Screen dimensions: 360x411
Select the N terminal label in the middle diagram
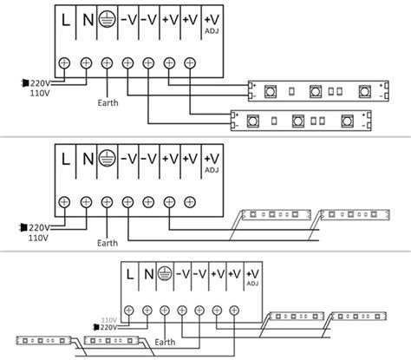[x=87, y=158]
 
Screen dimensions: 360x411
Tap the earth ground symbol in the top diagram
[x=107, y=20]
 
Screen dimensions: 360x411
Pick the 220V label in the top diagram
[x=38, y=82]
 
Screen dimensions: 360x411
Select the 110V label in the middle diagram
[x=38, y=236]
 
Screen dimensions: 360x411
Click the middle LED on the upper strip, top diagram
[x=314, y=88]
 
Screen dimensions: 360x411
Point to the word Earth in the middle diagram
[x=108, y=243]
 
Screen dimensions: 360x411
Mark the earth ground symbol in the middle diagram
[x=107, y=159]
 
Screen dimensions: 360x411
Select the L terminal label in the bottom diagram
[x=130, y=275]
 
